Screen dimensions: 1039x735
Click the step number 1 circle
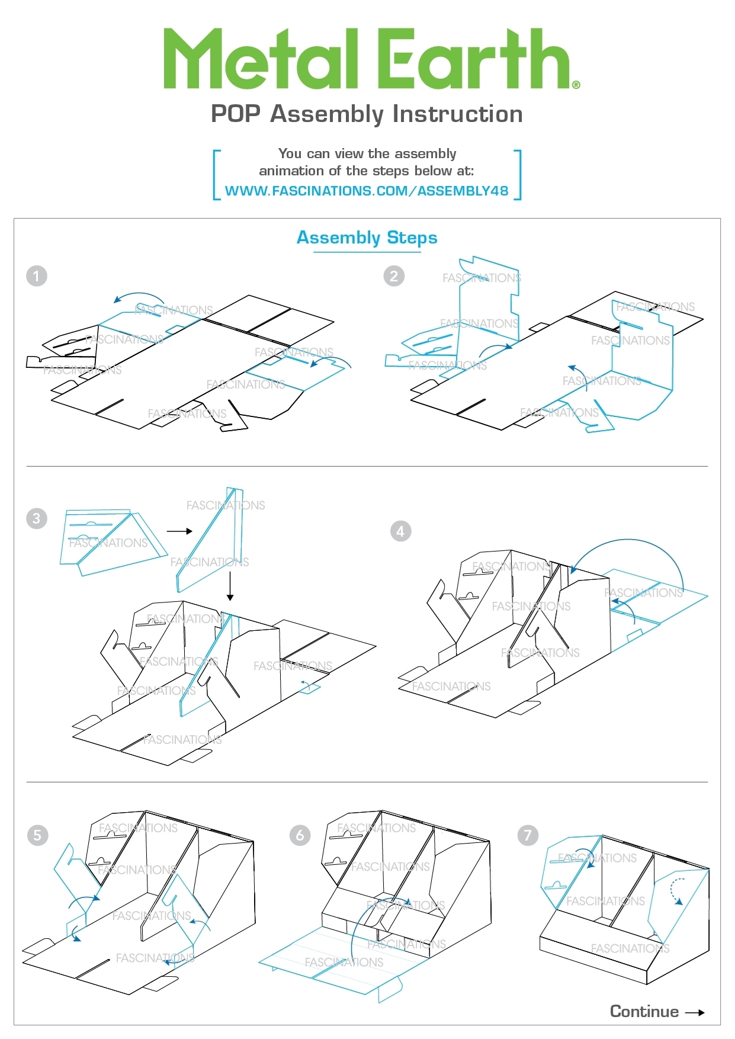tap(37, 276)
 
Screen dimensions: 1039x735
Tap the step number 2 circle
tap(394, 276)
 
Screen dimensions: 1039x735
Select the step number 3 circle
tap(37, 519)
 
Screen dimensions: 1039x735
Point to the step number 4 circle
tap(400, 531)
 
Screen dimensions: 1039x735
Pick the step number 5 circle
tap(37, 835)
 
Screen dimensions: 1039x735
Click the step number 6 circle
tap(300, 835)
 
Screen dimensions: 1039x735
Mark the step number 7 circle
tap(528, 835)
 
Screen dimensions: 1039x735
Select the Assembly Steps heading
tap(367, 238)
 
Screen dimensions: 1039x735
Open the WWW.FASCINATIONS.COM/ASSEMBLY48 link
tap(367, 191)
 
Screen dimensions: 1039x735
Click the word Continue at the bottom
tap(644, 1011)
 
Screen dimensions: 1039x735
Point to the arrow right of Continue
tap(695, 1012)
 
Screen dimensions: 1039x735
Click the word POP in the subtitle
tap(236, 114)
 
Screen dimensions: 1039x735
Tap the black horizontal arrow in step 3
tap(179, 531)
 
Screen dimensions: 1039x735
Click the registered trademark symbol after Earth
tap(576, 85)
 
